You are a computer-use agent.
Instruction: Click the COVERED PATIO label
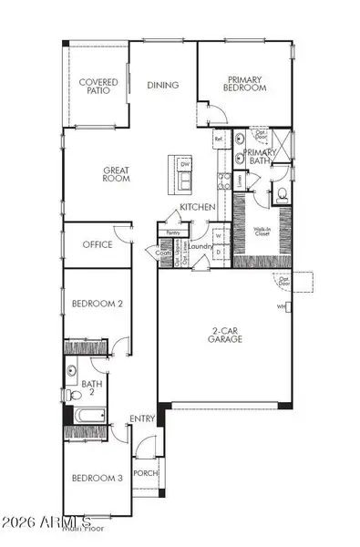[x=98, y=87]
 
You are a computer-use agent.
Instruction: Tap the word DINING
[x=162, y=86]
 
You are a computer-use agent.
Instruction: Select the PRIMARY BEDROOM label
[x=246, y=84]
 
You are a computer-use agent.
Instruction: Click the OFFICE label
[x=97, y=244]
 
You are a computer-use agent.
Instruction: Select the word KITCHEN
[x=197, y=208]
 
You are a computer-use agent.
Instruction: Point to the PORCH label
[x=144, y=473]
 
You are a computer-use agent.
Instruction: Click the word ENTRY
[x=142, y=418]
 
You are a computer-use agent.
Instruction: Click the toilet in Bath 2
[x=72, y=372]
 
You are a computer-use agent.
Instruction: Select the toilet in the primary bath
[x=282, y=194]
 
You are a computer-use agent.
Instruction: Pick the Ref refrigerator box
[x=219, y=139]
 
